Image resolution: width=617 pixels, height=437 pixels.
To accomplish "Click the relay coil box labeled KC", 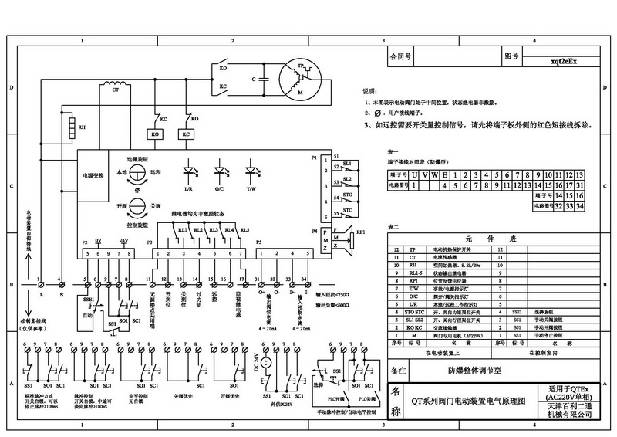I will click(186, 134).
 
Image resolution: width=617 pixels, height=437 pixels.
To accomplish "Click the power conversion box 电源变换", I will click(93, 175).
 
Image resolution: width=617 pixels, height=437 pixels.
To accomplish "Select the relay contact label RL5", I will click(244, 230).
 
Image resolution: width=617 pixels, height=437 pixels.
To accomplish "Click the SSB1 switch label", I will click(85, 298).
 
